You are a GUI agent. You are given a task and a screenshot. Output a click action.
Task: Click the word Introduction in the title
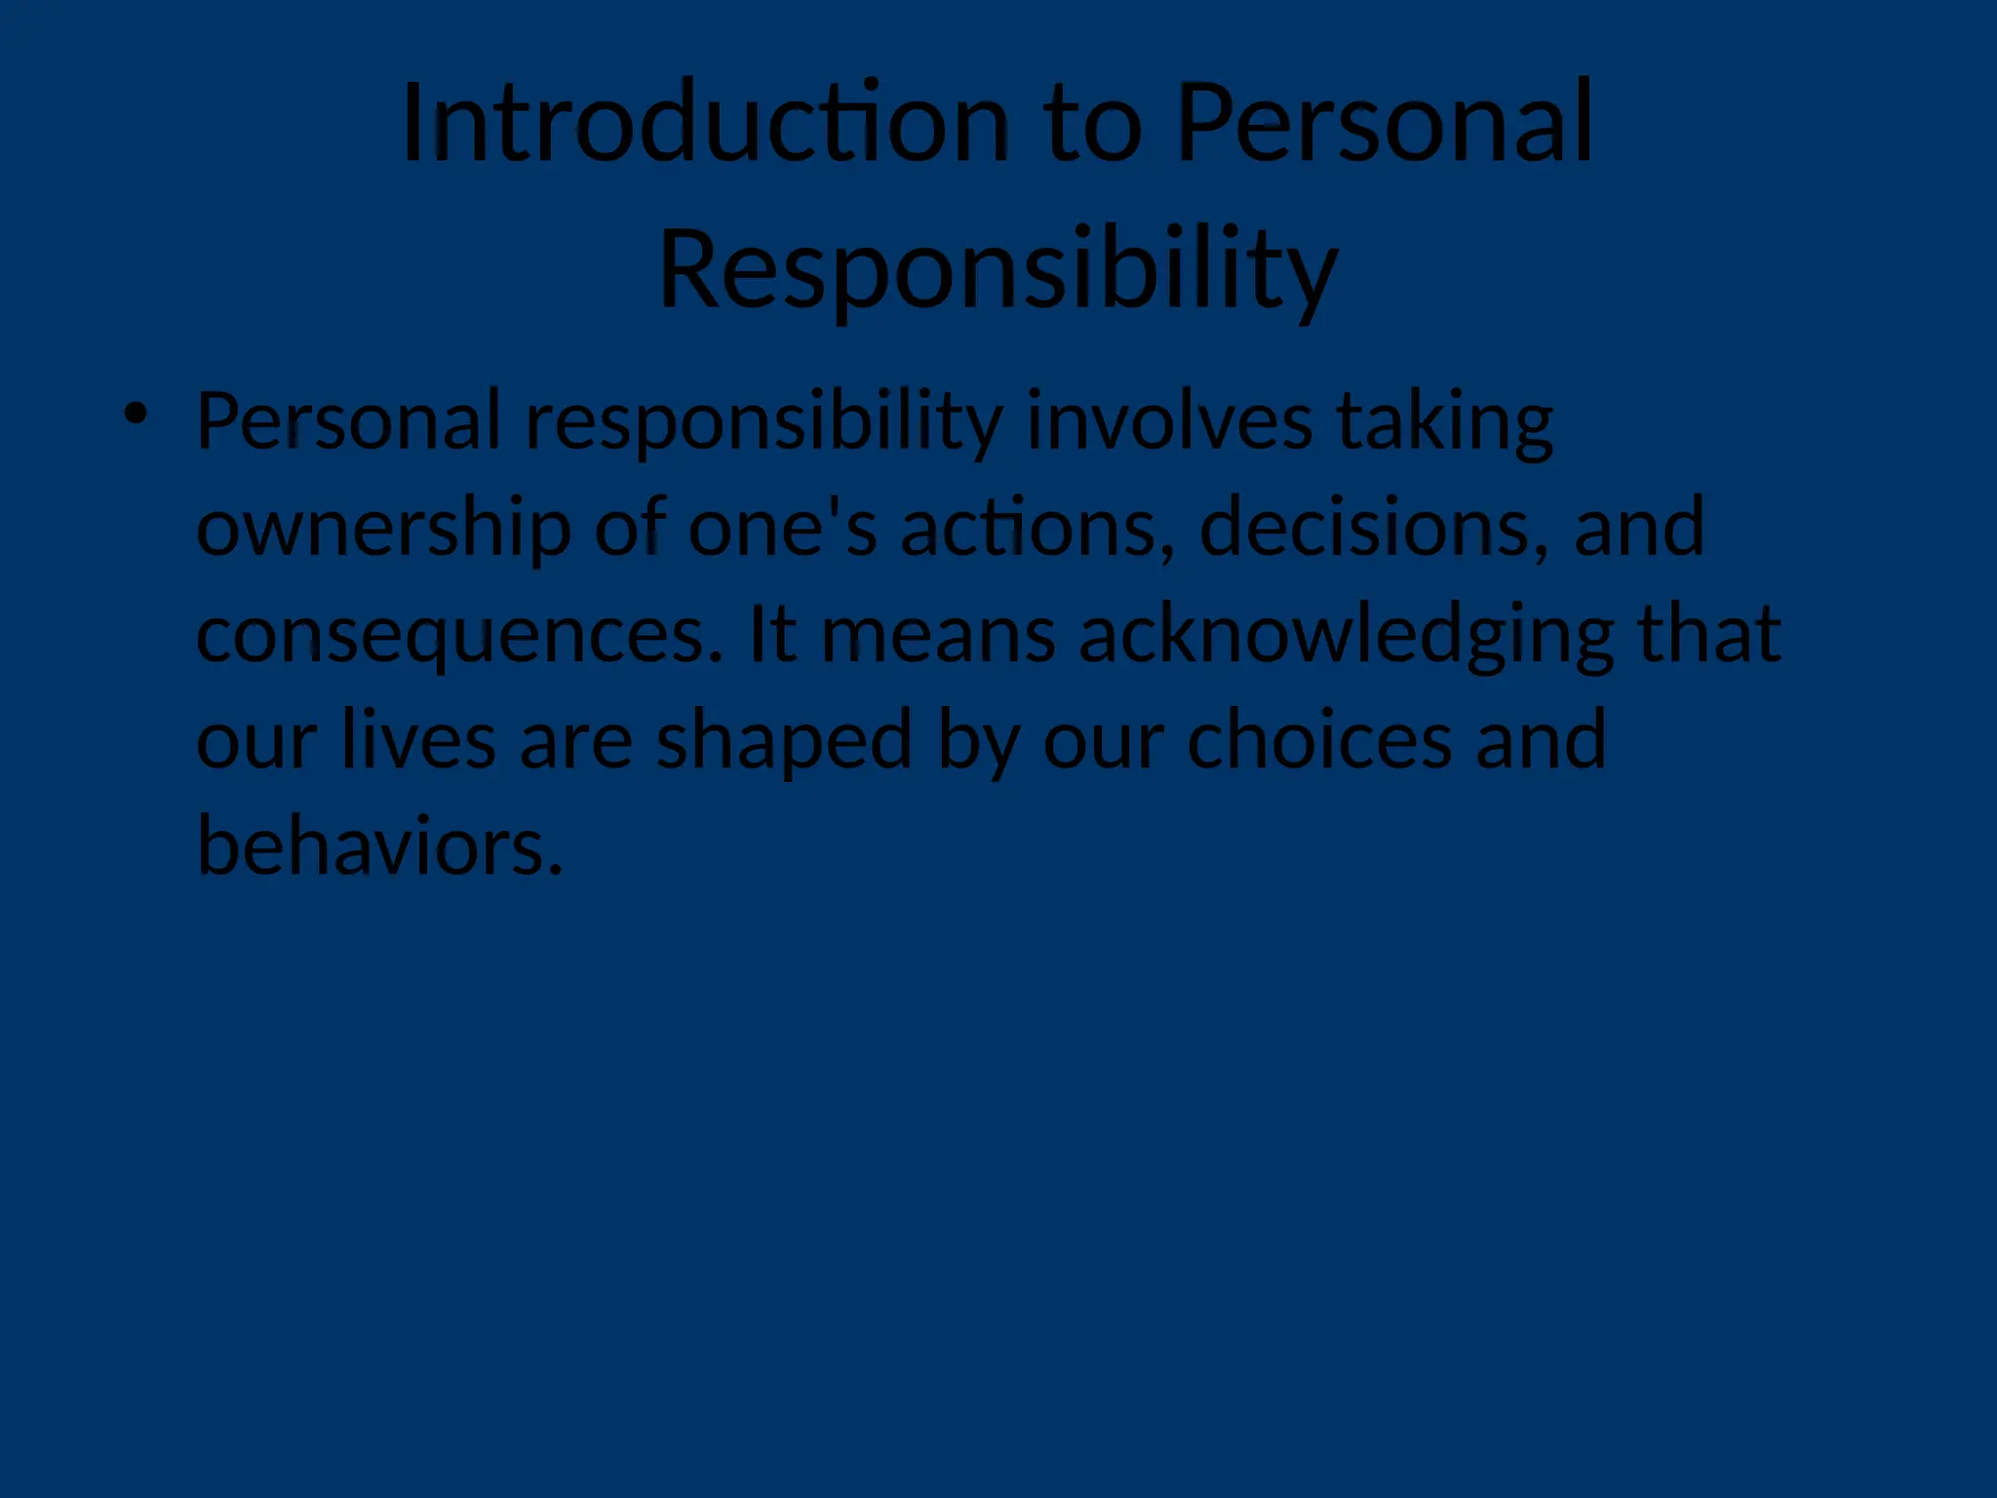[705, 124]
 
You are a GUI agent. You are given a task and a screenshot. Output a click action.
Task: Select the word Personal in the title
[1386, 124]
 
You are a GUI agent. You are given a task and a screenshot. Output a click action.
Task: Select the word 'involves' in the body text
[1169, 420]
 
